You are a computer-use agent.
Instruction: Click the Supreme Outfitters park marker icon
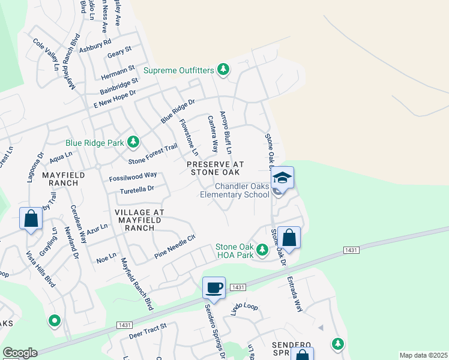(x=223, y=70)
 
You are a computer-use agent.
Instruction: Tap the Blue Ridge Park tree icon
(x=133, y=143)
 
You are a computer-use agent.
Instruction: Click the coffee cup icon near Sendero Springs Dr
(x=214, y=288)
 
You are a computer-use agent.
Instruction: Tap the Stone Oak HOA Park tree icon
(x=262, y=250)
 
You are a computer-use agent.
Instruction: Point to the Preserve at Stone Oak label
(x=215, y=168)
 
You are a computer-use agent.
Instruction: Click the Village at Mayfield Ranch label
(x=139, y=220)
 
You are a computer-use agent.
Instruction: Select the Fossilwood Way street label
(x=133, y=176)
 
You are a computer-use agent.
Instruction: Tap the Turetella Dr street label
(x=137, y=188)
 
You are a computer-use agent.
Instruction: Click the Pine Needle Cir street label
(x=175, y=242)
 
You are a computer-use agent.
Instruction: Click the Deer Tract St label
(x=147, y=332)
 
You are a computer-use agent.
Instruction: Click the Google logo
(x=20, y=353)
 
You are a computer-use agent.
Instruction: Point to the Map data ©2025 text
(x=423, y=355)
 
